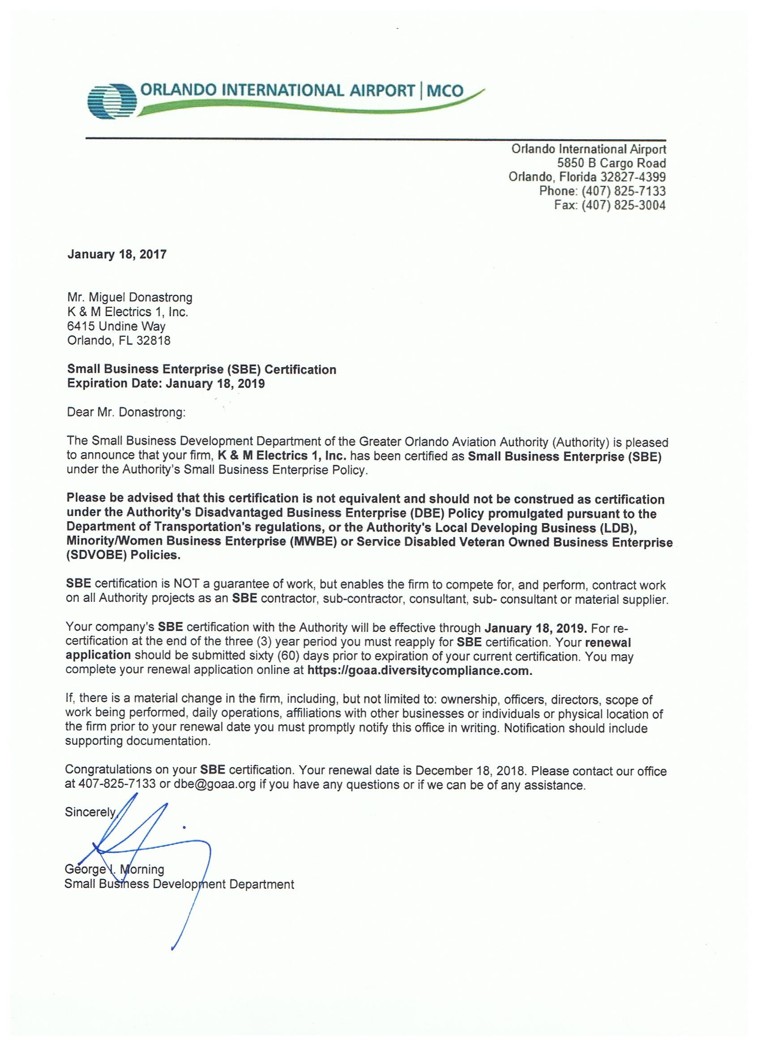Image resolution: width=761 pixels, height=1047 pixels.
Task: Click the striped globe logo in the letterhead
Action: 113,100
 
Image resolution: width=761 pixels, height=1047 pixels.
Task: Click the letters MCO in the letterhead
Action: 445,90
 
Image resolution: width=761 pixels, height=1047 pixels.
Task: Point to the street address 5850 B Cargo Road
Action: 611,163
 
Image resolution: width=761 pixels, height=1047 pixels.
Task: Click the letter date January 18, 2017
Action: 117,254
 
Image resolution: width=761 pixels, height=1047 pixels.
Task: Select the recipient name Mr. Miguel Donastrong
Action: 130,297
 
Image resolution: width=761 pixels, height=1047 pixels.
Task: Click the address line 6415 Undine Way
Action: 116,326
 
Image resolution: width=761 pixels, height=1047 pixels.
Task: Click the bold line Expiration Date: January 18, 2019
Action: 166,384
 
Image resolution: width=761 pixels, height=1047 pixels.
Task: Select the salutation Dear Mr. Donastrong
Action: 125,412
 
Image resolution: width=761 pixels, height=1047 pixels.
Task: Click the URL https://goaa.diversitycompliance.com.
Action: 419,671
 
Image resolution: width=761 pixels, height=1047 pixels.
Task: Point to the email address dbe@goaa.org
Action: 214,785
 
